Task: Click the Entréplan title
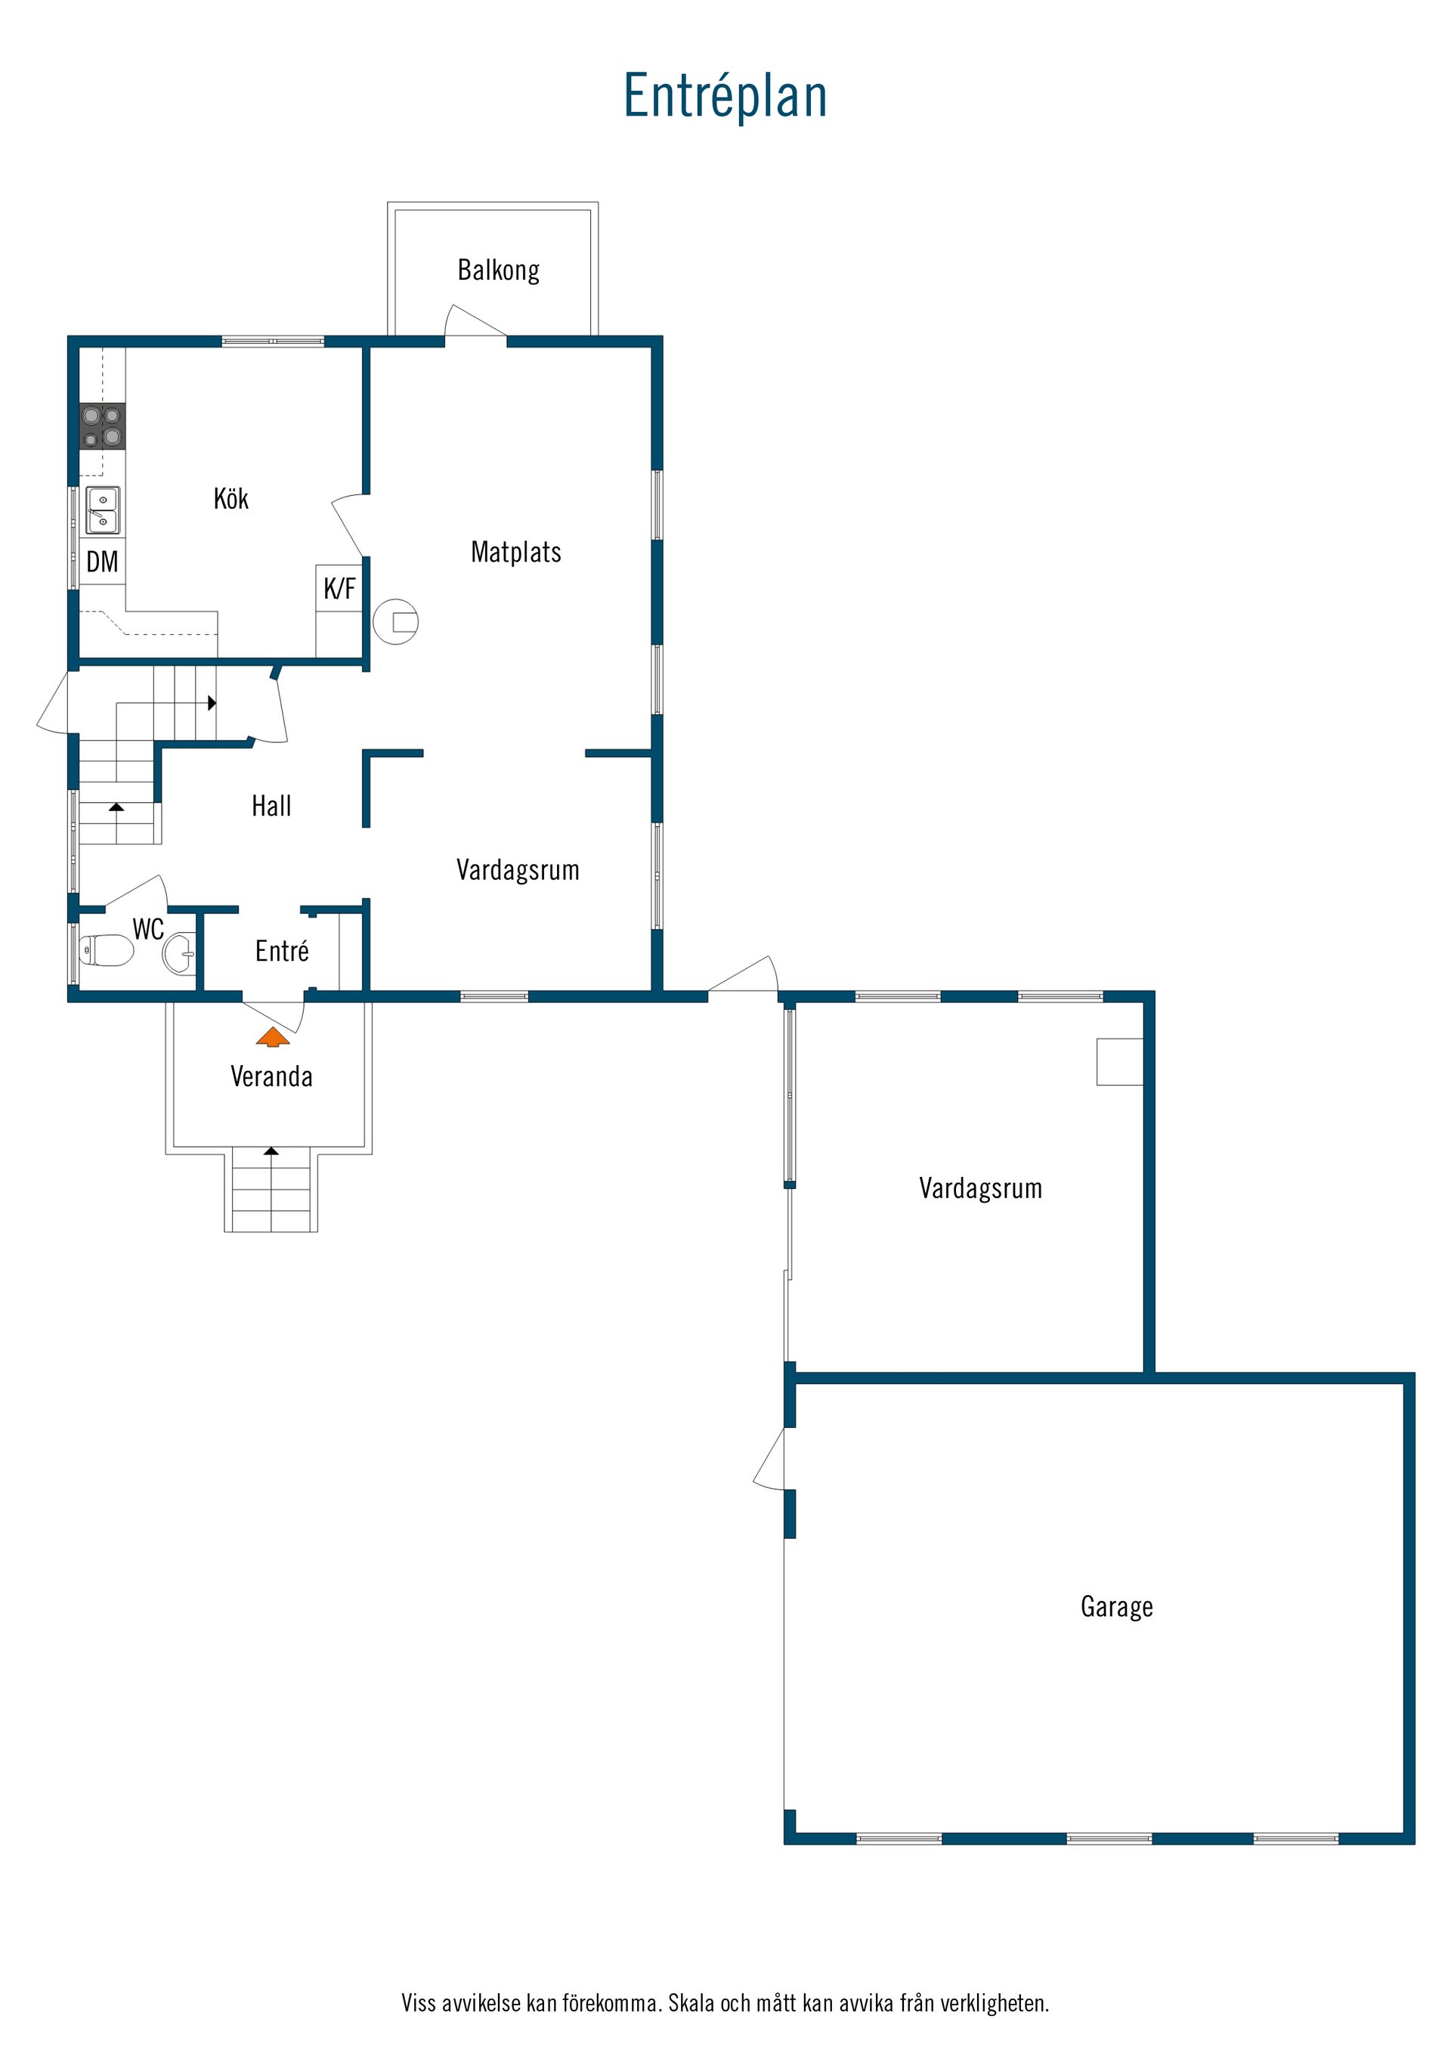tap(725, 96)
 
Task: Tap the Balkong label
tap(498, 270)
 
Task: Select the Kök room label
tap(230, 498)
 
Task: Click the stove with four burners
tap(102, 426)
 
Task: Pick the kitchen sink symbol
tap(102, 510)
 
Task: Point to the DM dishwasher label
tap(102, 562)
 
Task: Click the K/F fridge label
tap(339, 588)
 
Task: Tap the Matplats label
tap(516, 552)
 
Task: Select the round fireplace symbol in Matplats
tap(395, 621)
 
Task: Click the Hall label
tap(271, 806)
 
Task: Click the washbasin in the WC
tap(179, 953)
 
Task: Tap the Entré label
tap(282, 950)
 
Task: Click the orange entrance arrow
tap(273, 1037)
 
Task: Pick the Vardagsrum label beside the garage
tap(981, 1188)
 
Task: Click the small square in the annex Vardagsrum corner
tap(1120, 1061)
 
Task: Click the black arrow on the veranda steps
tap(271, 1150)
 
